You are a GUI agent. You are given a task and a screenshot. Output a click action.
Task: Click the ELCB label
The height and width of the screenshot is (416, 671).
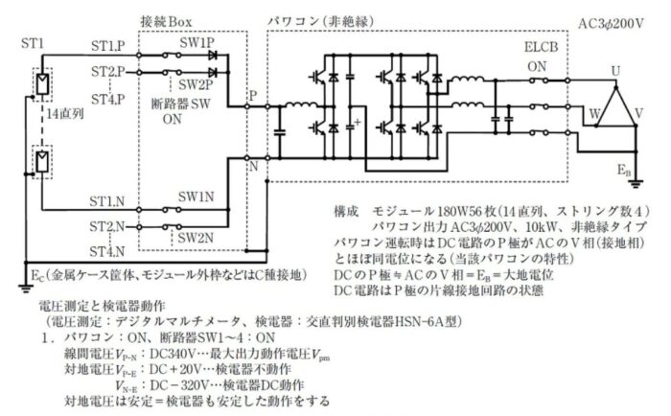pos(543,47)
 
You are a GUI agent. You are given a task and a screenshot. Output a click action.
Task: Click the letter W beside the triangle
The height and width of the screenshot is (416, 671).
pos(594,113)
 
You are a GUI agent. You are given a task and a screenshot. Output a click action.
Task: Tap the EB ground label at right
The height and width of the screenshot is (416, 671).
pos(625,170)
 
